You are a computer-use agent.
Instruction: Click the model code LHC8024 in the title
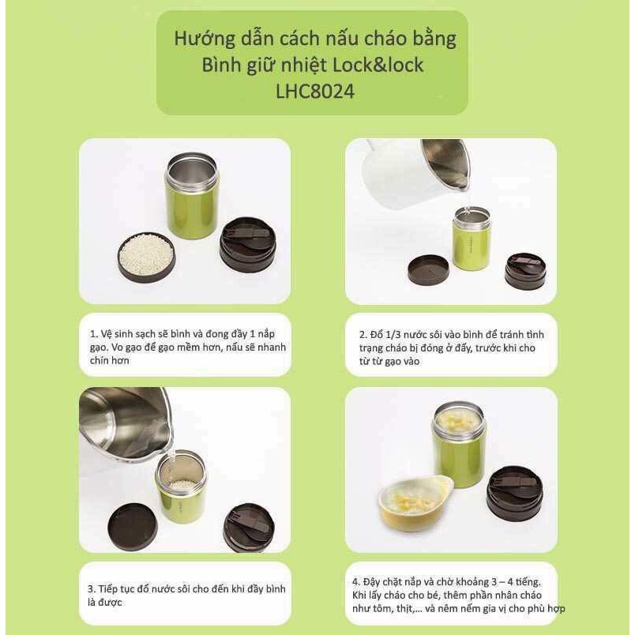(x=314, y=91)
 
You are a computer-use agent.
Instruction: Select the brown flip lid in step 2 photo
(x=525, y=270)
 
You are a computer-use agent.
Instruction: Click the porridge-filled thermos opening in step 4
(x=459, y=419)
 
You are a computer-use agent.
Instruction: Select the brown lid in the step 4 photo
(x=514, y=492)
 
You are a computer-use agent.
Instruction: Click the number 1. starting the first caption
(x=92, y=333)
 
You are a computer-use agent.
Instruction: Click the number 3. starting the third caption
(x=92, y=589)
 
